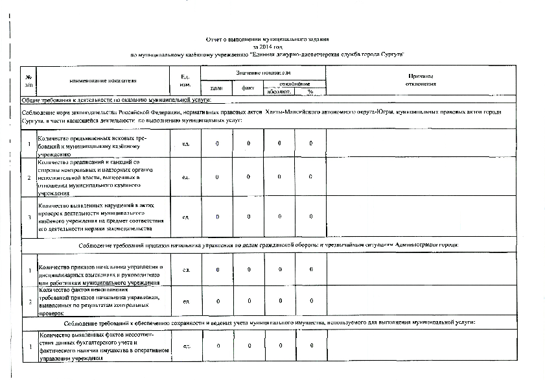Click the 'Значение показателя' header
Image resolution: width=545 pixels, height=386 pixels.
point(262,73)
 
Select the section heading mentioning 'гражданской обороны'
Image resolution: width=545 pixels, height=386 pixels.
point(268,245)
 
